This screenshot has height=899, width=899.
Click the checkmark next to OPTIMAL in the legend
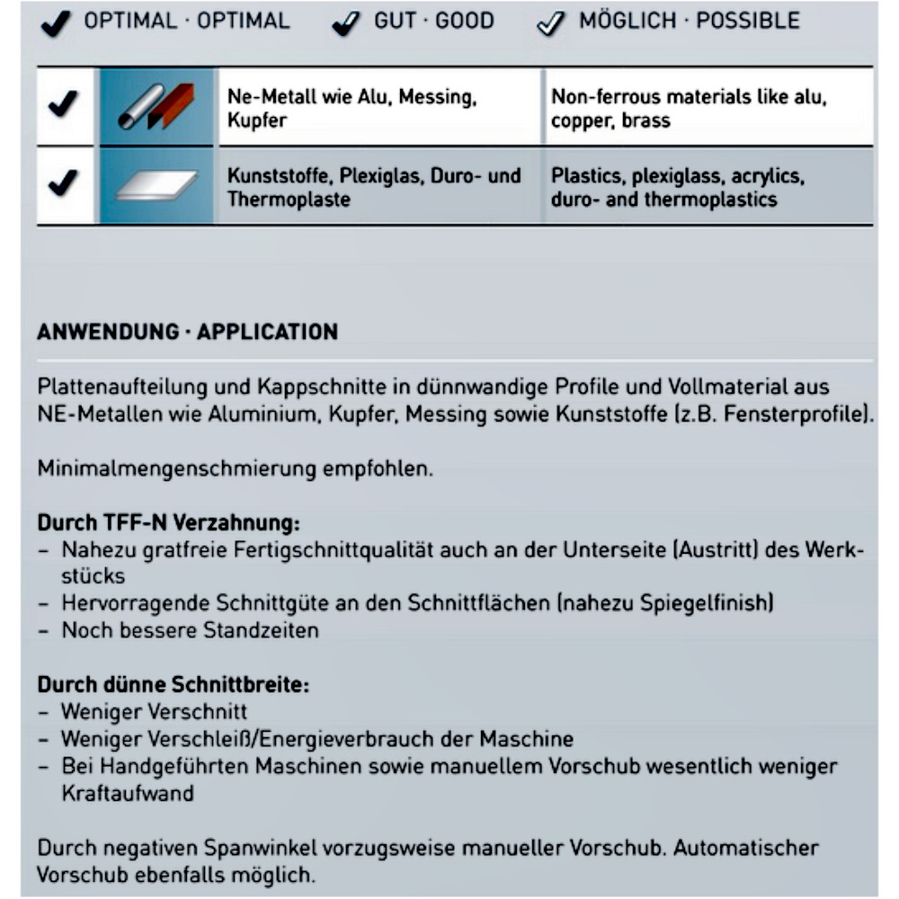click(x=56, y=24)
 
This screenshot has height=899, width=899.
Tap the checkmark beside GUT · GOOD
click(x=346, y=24)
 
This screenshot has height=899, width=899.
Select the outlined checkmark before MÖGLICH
click(x=549, y=24)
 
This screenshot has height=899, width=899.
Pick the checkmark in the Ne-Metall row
click(x=62, y=105)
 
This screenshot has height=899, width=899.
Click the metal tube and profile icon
click(x=156, y=106)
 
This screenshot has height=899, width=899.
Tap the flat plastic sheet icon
click(x=156, y=185)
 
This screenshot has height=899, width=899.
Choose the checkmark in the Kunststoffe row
click(x=62, y=185)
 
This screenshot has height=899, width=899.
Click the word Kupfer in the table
click(x=256, y=120)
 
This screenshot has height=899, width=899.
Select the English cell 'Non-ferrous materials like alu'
click(x=689, y=97)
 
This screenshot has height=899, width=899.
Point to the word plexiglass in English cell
click(x=673, y=176)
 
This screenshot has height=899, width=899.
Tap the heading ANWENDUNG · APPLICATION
click(x=188, y=332)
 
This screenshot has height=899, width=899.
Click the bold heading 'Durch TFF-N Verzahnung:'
click(x=168, y=522)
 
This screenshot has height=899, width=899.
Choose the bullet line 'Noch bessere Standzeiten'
click(x=190, y=630)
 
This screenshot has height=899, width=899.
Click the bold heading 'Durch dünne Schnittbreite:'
click(x=173, y=684)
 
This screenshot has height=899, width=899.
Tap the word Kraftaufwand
click(x=127, y=794)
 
